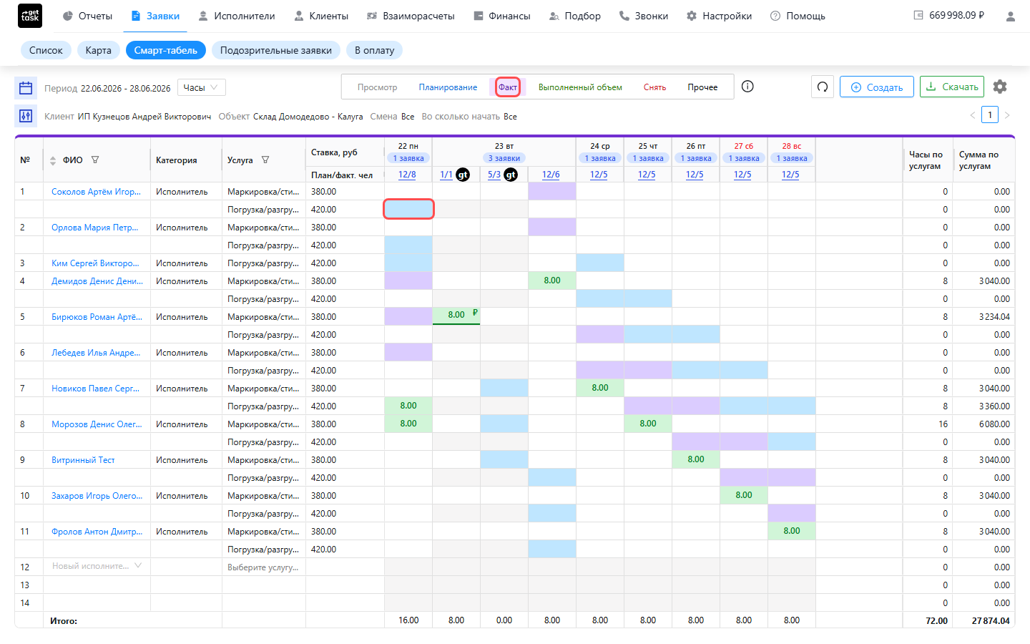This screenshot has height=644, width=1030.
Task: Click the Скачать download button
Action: coord(951,87)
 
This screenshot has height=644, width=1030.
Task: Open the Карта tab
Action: coord(99,50)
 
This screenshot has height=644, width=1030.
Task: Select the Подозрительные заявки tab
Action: coord(276,50)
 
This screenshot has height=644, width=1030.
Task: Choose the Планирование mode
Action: coord(448,87)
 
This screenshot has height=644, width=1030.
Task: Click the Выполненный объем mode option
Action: coord(580,87)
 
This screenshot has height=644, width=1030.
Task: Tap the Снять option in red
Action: coord(654,87)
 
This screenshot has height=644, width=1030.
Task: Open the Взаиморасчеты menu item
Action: coord(411,16)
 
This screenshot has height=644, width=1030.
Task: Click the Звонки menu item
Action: coord(644,16)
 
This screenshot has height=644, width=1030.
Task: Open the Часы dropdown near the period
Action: coord(202,87)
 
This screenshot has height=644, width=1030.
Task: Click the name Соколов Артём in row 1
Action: coord(96,192)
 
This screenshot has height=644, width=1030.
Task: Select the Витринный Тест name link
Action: coord(83,460)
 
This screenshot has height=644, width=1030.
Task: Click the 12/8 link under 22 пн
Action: coord(407,175)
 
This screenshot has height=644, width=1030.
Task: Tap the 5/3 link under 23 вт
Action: coord(494,175)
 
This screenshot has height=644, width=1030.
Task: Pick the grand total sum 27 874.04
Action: coord(991,620)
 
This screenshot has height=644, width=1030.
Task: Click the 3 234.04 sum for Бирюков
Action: coord(994,317)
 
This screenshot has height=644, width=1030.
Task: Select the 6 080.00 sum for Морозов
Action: coord(994,424)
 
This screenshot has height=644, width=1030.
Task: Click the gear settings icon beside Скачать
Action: coord(1000,87)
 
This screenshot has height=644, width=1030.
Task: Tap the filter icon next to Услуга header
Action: coord(265,160)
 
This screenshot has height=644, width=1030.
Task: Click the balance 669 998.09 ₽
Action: coord(956,16)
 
